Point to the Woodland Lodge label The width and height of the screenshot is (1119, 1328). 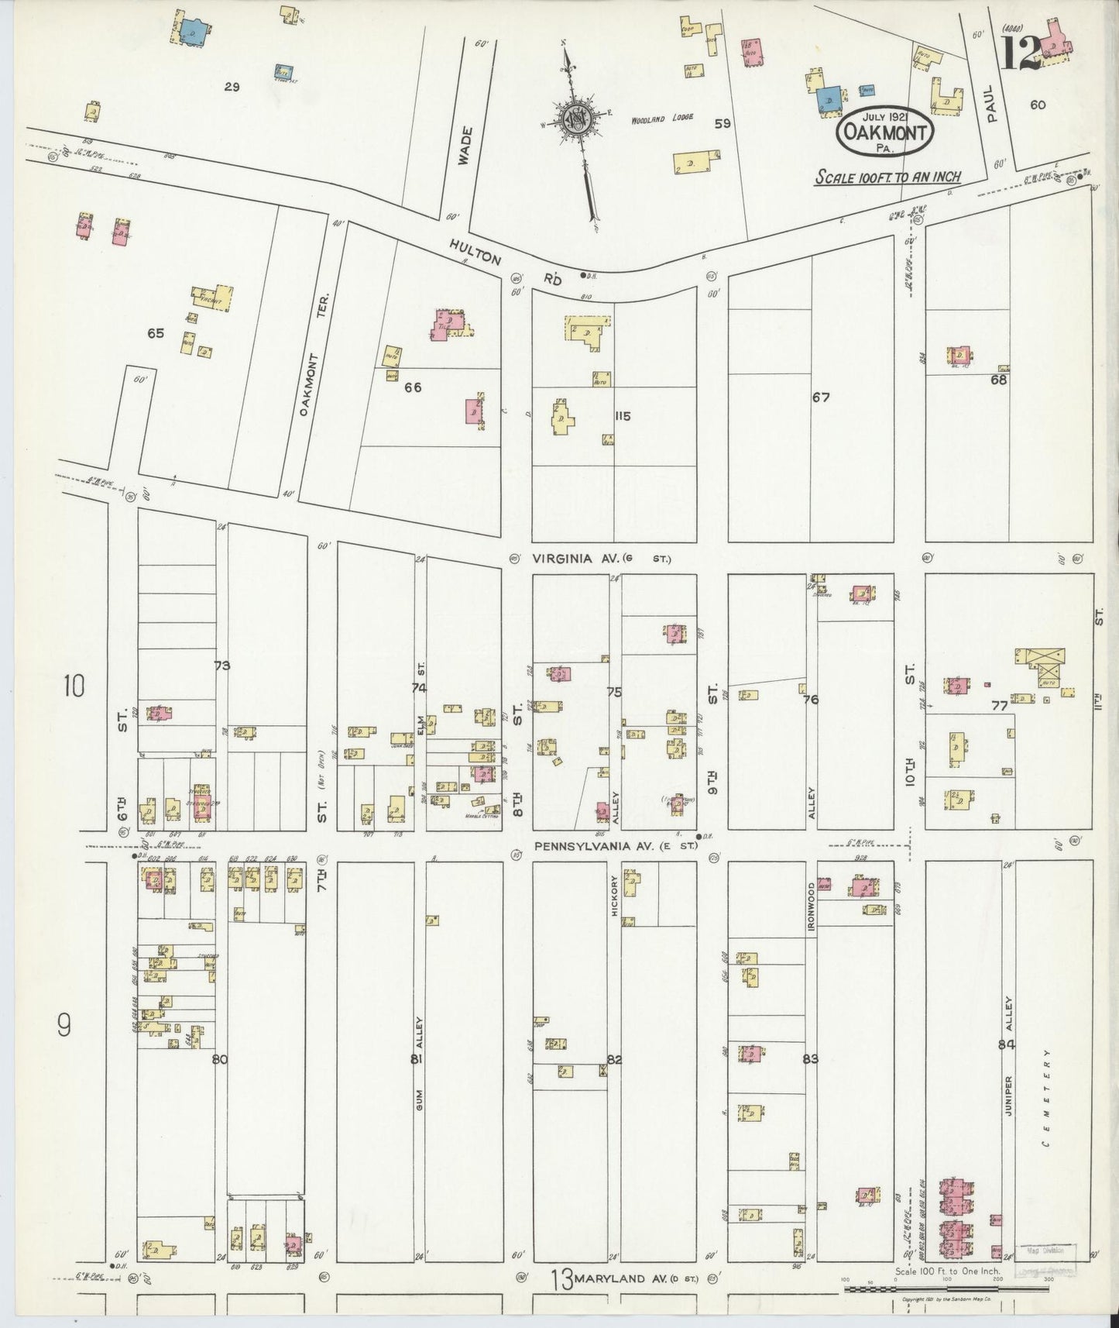click(661, 119)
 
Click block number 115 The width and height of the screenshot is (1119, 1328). click(622, 416)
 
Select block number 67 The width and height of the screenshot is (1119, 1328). click(821, 397)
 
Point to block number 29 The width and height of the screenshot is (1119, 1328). click(231, 87)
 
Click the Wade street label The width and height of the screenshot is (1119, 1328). click(464, 145)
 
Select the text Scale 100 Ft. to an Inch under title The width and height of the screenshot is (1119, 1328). click(887, 177)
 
